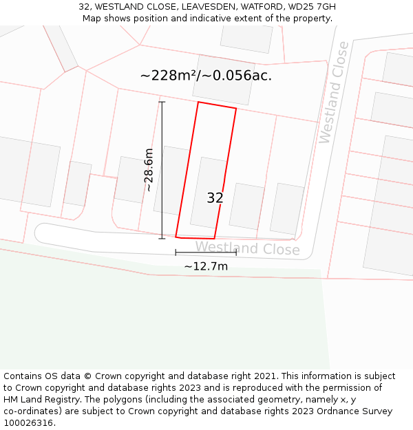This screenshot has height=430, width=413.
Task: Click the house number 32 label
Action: (215, 198)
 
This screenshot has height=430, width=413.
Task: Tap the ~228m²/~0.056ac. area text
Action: (206, 76)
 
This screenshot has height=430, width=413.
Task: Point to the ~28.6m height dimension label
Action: (149, 170)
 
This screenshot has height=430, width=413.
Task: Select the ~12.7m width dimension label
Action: (206, 266)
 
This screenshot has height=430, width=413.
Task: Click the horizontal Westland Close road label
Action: (247, 248)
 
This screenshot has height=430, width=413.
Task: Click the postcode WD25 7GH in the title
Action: (312, 7)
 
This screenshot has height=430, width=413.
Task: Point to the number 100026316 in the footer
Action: (28, 423)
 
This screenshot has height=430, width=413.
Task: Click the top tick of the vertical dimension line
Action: (162, 103)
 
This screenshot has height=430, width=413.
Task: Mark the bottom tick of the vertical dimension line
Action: (162, 239)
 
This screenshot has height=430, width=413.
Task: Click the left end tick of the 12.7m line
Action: (176, 252)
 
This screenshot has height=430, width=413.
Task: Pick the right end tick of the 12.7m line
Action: (236, 252)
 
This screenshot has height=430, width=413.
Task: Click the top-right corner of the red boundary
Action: (236, 108)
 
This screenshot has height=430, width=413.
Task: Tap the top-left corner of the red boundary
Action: (198, 103)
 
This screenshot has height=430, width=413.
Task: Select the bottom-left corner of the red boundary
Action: (176, 237)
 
